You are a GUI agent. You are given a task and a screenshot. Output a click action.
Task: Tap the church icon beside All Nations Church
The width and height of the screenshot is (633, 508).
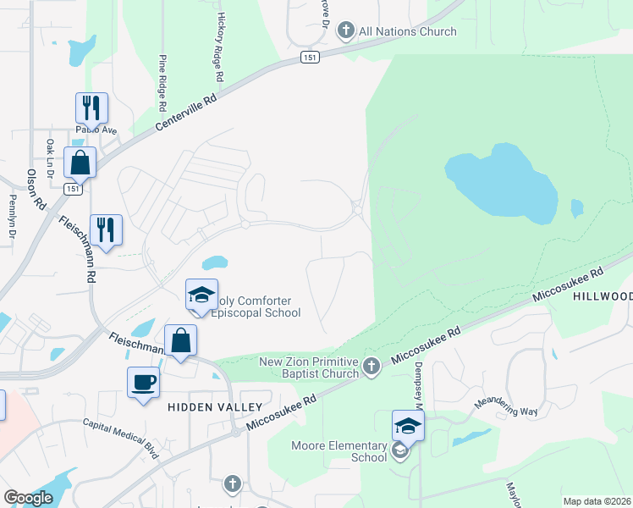coord(345,32)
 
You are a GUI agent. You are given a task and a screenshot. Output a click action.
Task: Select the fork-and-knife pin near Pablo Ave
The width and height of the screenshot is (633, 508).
coord(91,108)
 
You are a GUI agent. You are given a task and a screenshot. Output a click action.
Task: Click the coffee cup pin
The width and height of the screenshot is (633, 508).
coord(142,382)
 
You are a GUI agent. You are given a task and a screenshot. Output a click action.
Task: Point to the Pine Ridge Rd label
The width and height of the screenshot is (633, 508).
coord(161,84)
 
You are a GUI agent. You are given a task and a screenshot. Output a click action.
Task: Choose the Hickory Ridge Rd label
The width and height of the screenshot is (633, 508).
coord(220,47)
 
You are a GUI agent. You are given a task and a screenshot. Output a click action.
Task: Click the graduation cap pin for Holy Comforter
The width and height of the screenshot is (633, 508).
coord(201,295)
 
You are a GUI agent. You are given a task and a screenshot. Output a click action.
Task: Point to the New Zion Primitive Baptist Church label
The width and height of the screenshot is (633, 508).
coord(309,367)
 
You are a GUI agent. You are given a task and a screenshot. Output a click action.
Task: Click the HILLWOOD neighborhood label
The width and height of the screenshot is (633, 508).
coord(603,296)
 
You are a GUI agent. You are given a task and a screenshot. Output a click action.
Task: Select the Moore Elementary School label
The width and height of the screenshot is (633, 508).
coord(339,451)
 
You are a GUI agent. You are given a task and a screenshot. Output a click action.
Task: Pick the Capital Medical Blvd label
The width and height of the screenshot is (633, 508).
coord(120,439)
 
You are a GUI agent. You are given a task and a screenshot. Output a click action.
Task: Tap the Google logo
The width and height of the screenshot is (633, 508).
coord(28,498)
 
